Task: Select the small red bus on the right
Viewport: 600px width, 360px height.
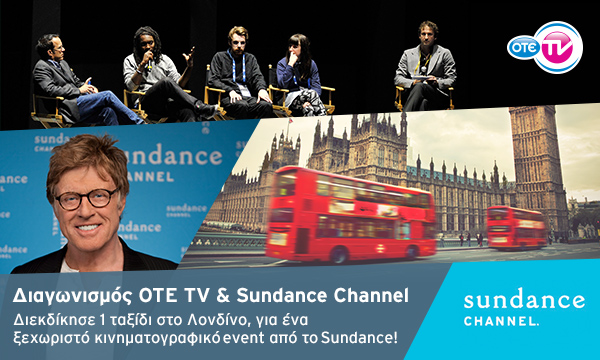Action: coord(515,226)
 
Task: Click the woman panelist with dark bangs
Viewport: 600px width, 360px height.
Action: coord(299,75)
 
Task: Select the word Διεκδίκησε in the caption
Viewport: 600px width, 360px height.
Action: coord(53,320)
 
